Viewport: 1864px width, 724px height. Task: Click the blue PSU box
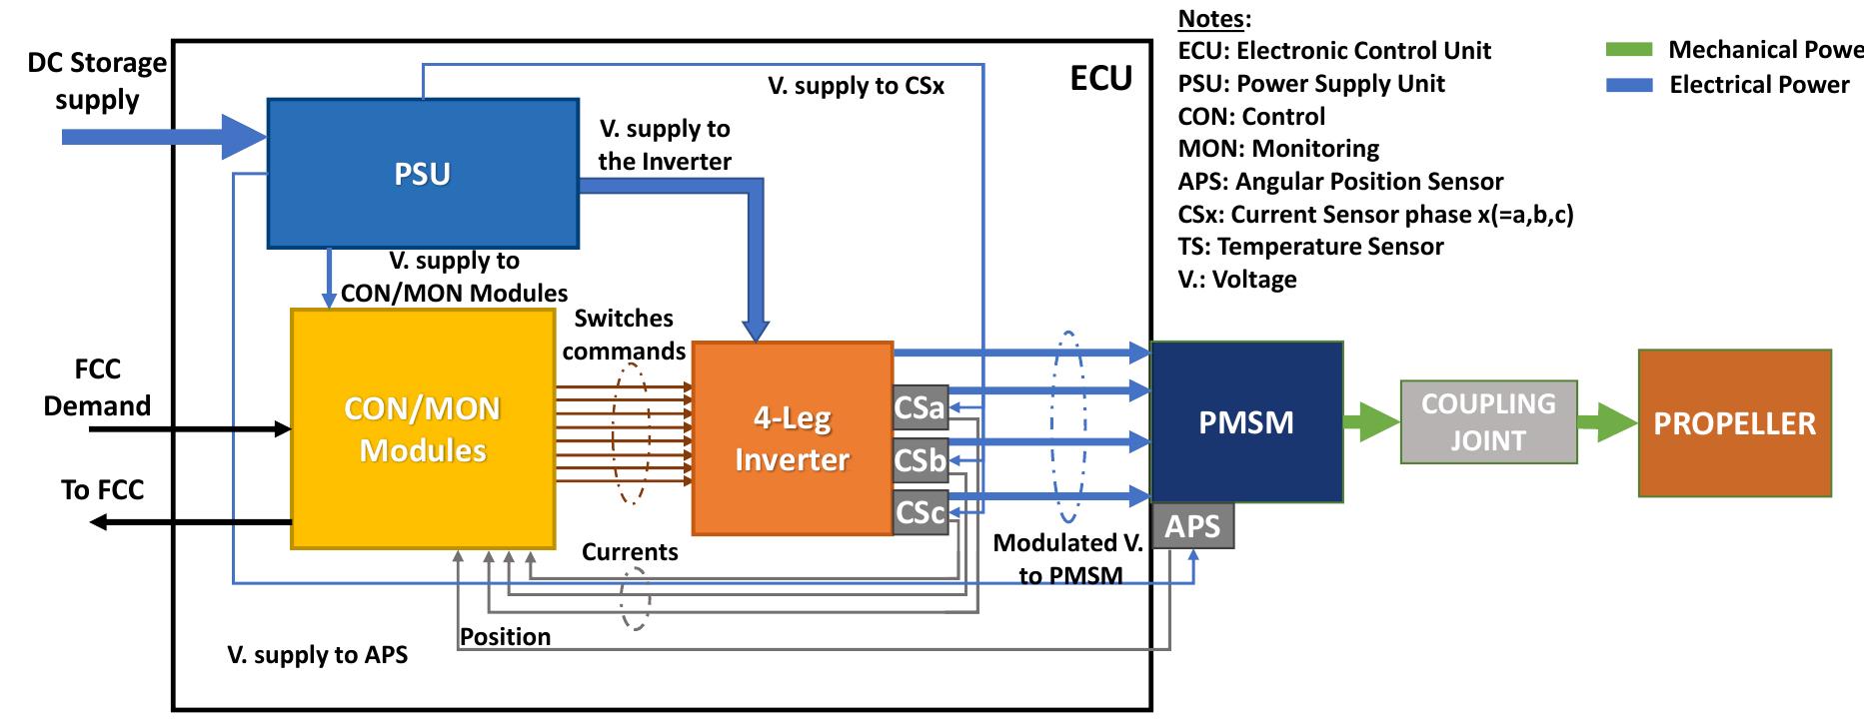click(x=422, y=173)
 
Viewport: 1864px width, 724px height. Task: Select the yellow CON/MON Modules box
click(x=422, y=429)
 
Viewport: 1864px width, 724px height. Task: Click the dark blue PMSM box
click(x=1245, y=421)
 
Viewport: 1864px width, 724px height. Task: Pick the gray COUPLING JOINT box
click(x=1487, y=421)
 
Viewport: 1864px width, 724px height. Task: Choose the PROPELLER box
click(x=1734, y=422)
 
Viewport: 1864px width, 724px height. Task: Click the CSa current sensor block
click(x=920, y=407)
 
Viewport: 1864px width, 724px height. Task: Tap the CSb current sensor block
click(x=920, y=459)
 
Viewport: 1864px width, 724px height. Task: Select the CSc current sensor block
click(x=920, y=512)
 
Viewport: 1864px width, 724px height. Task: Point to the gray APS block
click(x=1192, y=525)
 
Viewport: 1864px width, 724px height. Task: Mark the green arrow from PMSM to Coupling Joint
click(x=1371, y=421)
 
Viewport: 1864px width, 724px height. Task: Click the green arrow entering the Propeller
click(x=1607, y=421)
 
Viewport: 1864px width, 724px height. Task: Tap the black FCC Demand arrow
click(x=190, y=429)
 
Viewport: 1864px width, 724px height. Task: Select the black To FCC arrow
click(x=190, y=521)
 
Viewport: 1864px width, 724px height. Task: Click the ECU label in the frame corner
click(x=1100, y=78)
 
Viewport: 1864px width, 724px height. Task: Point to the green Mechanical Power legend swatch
click(x=1629, y=50)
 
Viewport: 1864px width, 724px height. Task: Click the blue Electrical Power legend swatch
click(x=1629, y=85)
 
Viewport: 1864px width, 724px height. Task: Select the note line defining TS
click(x=1310, y=247)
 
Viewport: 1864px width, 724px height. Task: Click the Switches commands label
click(x=624, y=335)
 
